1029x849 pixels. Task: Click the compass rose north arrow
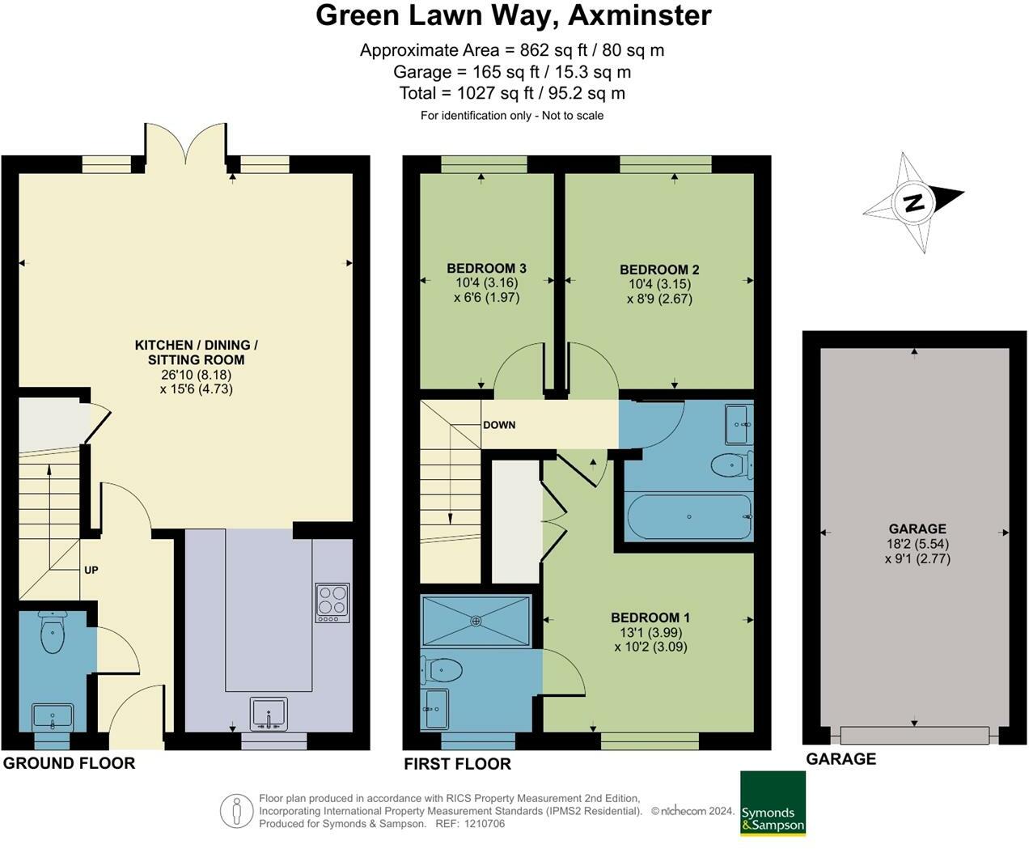913,202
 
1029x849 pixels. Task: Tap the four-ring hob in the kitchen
332,603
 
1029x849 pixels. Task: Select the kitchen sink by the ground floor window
269,714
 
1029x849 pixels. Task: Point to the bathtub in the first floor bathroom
689,516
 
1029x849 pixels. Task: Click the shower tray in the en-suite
476,621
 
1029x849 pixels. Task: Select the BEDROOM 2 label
659,270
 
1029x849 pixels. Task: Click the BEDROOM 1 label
650,618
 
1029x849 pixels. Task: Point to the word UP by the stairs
91,570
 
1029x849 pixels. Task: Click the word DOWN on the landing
499,425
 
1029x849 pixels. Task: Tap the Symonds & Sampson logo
773,803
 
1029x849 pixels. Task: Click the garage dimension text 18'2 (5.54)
917,544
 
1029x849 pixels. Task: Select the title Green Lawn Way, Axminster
514,15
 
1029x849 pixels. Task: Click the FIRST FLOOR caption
457,763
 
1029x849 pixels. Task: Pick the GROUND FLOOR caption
69,762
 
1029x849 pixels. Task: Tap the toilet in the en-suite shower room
443,670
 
